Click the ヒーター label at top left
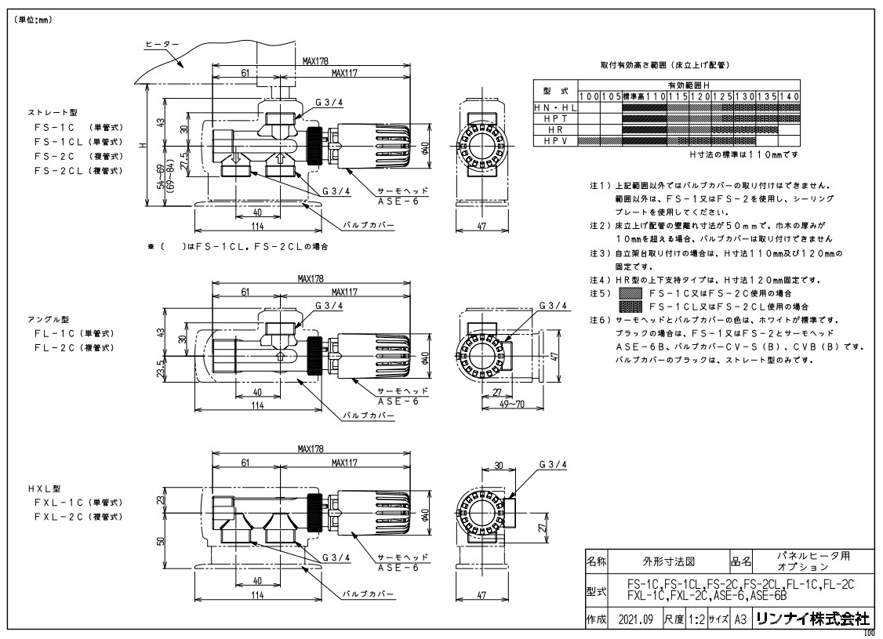162,45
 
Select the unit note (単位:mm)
32,20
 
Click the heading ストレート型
49,113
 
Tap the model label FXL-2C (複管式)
78,517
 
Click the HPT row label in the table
555,118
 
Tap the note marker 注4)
600,280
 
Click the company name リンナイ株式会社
812,619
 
